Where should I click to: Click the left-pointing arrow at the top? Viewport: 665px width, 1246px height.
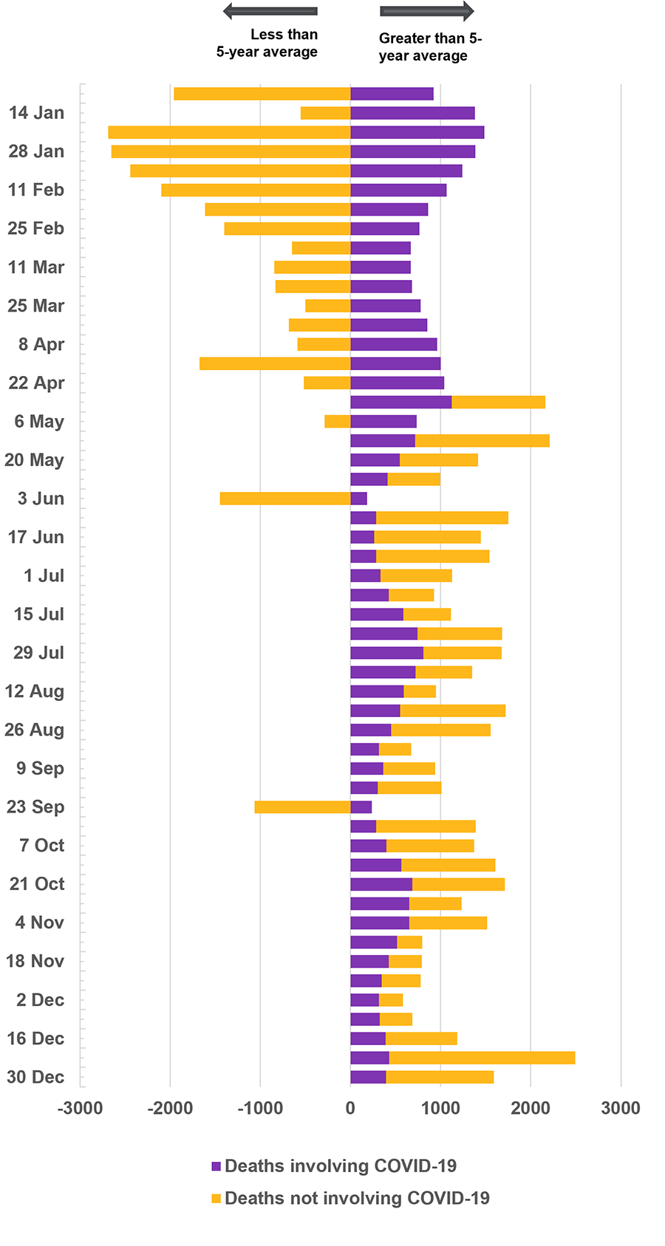pos(270,11)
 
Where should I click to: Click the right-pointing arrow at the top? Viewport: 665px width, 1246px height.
pos(427,11)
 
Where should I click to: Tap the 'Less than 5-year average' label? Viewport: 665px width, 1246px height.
pos(267,43)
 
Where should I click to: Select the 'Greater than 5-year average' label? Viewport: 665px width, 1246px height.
pos(430,47)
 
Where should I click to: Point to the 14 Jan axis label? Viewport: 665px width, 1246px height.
pos(36,113)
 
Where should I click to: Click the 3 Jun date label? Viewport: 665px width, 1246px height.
pos(41,499)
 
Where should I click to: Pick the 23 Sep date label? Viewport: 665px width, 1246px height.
pos(35,807)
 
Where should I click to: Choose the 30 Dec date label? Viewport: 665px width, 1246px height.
pos(35,1077)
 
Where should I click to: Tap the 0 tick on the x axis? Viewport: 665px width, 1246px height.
pos(350,1108)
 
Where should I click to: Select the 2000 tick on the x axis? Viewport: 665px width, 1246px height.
pos(531,1108)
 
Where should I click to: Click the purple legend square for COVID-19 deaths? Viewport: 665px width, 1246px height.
pos(216,1167)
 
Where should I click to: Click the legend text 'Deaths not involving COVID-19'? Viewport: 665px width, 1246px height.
pos(357,1199)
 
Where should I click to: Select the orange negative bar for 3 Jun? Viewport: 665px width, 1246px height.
pos(285,499)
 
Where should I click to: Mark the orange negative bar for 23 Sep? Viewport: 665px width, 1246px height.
pos(302,807)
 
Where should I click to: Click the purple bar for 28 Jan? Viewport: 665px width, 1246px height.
pos(412,151)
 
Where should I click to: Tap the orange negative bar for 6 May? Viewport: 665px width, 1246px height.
pos(338,422)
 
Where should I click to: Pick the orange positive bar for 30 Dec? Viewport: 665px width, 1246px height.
pos(440,1077)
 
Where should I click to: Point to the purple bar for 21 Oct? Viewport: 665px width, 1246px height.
pos(381,884)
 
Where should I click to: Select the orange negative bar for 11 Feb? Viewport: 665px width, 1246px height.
pos(256,190)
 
